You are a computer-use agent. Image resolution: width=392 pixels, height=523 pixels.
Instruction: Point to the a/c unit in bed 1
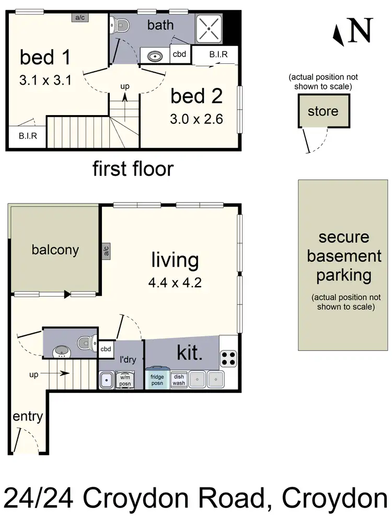coord(80,17)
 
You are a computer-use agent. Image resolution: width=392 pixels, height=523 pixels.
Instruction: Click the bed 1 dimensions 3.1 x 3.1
coord(45,81)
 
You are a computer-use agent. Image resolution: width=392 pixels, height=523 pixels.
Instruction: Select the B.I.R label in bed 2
coord(217,54)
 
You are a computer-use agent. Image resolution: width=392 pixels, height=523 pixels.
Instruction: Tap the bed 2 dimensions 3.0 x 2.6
coord(197,119)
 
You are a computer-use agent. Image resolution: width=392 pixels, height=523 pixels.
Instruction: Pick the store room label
coord(322,111)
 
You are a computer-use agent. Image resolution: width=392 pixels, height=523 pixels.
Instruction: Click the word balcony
coord(55,249)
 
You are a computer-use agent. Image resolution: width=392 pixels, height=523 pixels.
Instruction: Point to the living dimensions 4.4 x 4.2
coord(175,284)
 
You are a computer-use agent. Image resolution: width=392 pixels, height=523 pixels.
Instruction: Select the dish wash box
coord(179,379)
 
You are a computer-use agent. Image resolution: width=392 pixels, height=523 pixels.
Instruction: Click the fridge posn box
coord(157,379)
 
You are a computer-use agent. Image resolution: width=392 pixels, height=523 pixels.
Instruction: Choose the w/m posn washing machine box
coord(125,379)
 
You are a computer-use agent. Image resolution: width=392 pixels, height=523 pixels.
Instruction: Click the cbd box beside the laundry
coord(106,349)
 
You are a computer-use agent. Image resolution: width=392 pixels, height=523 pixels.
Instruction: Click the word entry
coord(28,417)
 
